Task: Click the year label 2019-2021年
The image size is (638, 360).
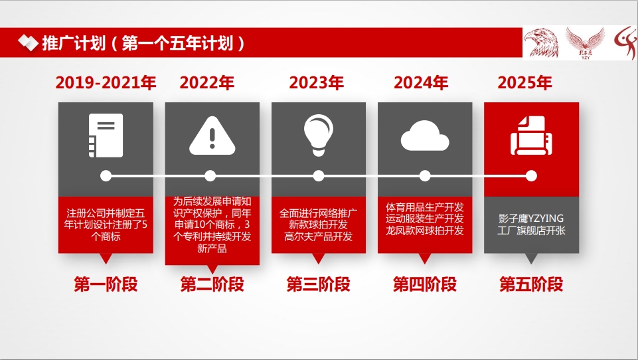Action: coord(106,82)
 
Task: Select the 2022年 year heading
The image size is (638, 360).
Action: coord(206,82)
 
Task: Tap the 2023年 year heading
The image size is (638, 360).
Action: coord(317,82)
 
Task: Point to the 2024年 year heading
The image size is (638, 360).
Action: coord(421,82)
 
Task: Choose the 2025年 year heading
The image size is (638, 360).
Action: coord(525,82)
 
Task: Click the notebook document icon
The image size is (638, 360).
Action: coord(106,135)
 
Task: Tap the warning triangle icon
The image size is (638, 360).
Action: coord(212,135)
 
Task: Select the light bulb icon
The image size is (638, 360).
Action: coord(319,135)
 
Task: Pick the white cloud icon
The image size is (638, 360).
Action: coord(425,135)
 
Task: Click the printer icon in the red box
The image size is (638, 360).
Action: coord(531,135)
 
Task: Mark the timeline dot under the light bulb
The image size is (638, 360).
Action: coord(319,176)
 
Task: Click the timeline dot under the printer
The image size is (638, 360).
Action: coord(531,176)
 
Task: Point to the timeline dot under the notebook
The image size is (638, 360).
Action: coord(106,176)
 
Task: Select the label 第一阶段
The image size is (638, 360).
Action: coord(106,284)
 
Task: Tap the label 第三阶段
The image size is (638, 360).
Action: coord(319,284)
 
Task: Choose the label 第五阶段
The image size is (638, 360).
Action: coord(531,284)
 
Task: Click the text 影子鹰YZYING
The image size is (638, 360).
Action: coord(531,219)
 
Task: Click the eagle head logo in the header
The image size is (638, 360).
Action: coord(542,43)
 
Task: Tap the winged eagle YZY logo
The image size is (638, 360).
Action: coord(586,43)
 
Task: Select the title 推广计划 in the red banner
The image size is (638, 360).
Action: coord(74,43)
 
